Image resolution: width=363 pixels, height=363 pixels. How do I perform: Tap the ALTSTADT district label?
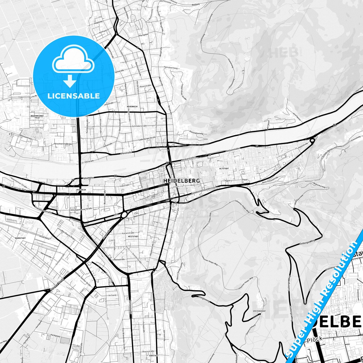click(224, 169)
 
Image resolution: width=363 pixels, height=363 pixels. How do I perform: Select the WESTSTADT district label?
click(133, 236)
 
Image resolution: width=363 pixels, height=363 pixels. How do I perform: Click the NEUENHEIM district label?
click(132, 107)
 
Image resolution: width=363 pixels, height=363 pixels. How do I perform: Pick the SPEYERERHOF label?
click(259, 311)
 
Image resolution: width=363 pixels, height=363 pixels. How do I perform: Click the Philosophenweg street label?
click(196, 132)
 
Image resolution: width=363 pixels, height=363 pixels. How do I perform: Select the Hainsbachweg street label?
click(171, 68)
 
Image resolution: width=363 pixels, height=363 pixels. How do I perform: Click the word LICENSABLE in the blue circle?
click(74, 96)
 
